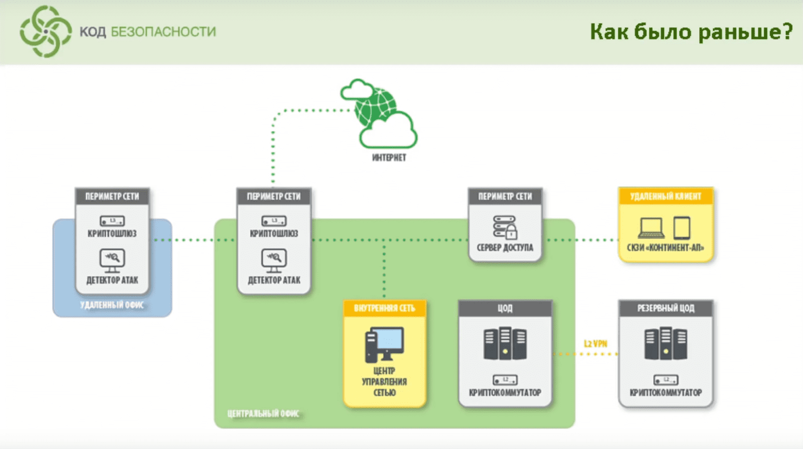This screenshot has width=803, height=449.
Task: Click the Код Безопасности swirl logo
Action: click(x=46, y=32)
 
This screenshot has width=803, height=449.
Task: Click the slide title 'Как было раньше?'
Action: click(x=691, y=32)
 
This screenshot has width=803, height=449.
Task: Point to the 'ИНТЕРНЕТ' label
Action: click(x=389, y=158)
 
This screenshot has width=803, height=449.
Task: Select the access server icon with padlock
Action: click(x=505, y=227)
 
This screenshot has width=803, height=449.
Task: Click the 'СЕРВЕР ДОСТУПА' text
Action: click(x=505, y=248)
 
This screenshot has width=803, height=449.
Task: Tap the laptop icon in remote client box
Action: click(x=650, y=228)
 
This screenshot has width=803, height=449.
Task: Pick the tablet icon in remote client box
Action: click(x=682, y=228)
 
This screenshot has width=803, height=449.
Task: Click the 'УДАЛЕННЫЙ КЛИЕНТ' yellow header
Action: click(x=666, y=197)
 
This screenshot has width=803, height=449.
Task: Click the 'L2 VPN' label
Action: click(x=596, y=344)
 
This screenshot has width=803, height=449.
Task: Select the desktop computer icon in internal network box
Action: click(x=384, y=344)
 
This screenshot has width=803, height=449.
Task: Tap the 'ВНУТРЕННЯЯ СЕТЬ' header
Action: click(x=384, y=308)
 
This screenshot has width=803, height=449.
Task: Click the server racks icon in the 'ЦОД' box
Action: click(x=505, y=343)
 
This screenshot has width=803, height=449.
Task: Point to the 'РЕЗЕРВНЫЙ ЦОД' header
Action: click(x=666, y=308)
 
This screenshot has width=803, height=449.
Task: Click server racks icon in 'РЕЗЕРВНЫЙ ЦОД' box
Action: click(x=666, y=343)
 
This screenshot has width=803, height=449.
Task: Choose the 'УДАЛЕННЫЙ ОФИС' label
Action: click(x=112, y=305)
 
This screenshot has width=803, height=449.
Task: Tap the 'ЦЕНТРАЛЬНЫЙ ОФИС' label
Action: click(x=263, y=414)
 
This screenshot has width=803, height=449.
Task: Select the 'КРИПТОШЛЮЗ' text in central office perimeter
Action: click(x=274, y=234)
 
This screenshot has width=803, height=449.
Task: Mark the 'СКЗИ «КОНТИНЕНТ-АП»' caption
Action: click(x=666, y=248)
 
